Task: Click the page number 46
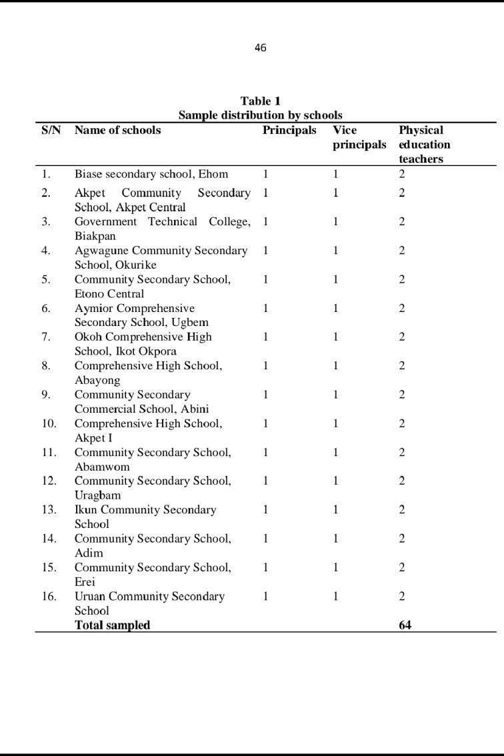click(x=260, y=47)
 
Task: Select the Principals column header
click(x=289, y=130)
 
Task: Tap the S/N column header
click(x=51, y=130)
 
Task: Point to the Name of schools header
click(x=117, y=130)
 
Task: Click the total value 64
click(x=405, y=625)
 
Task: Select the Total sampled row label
click(x=112, y=625)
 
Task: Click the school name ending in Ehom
click(x=151, y=174)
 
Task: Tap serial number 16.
click(x=49, y=596)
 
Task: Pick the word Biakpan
click(x=95, y=236)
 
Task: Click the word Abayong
click(x=97, y=380)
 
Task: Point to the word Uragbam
click(x=97, y=495)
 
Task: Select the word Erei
click(x=85, y=581)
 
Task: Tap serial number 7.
click(x=46, y=337)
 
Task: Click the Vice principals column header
click(x=359, y=137)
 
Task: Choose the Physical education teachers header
click(x=424, y=144)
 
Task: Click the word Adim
click(x=89, y=553)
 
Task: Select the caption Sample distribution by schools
click(x=260, y=115)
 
